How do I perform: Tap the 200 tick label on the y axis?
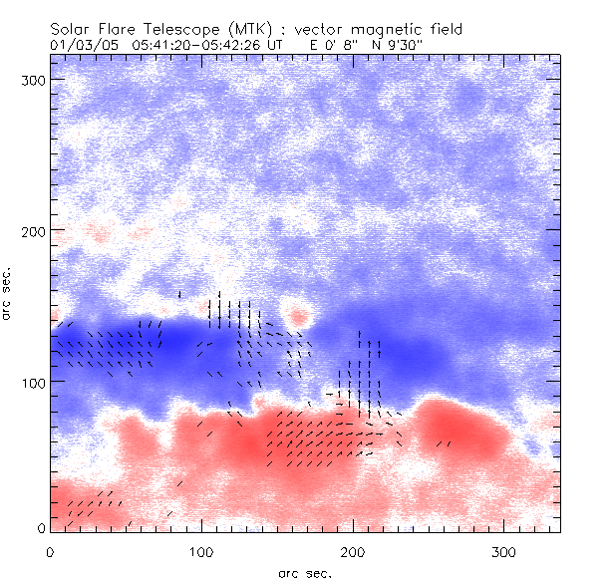[x=33, y=230]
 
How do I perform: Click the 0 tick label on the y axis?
[x=40, y=527]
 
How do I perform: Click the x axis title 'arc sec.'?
[x=305, y=572]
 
